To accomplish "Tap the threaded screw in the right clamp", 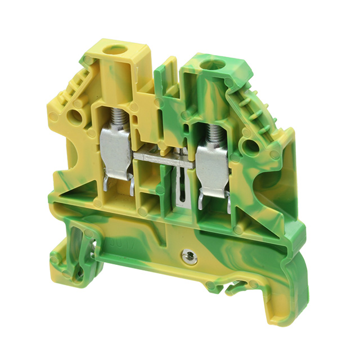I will click(x=213, y=134).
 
